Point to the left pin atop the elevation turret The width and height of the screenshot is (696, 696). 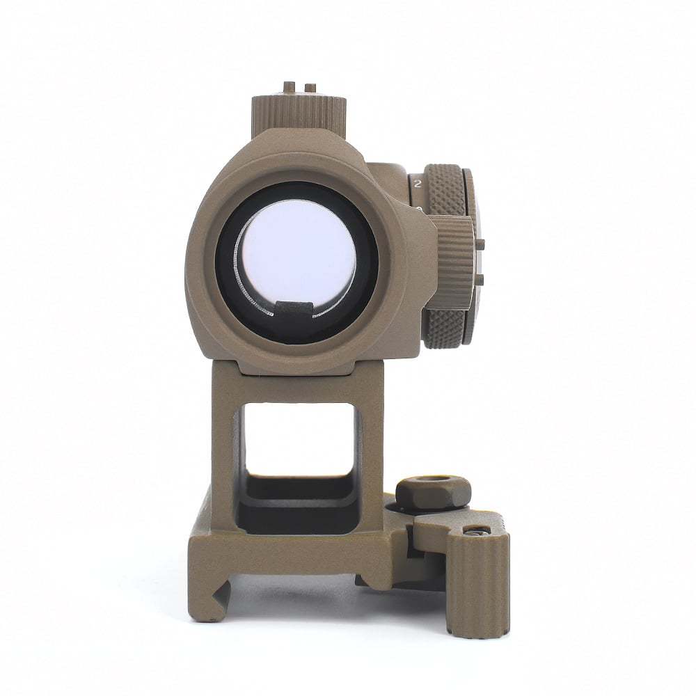click(x=288, y=87)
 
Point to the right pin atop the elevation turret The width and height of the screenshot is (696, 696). click(x=310, y=88)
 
